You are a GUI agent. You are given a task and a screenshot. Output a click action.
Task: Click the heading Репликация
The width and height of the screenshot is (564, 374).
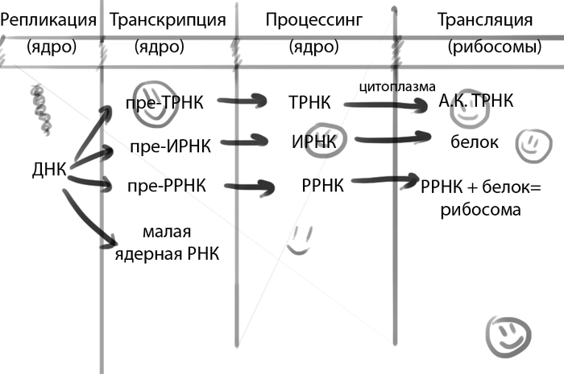tap(49, 18)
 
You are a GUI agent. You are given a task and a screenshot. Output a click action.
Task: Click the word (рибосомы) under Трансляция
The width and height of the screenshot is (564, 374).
tap(494, 47)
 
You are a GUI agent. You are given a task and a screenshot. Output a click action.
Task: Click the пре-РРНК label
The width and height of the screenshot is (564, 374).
tap(167, 186)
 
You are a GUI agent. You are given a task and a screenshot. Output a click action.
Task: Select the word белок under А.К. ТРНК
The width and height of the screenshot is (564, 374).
tap(474, 143)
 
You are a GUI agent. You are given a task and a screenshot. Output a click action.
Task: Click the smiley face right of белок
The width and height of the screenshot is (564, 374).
tap(530, 144)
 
